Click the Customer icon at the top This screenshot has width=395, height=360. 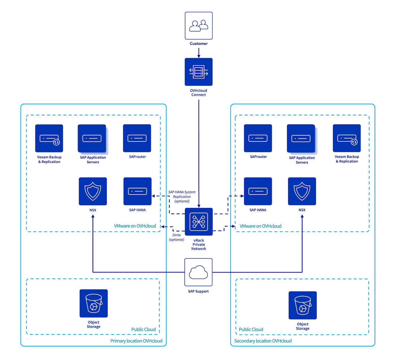198,26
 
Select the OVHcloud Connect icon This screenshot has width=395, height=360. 198,72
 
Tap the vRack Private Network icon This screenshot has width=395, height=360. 198,221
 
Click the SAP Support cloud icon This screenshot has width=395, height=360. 198,272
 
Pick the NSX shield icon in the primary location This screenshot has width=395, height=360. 93,191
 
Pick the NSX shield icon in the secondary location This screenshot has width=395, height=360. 302,191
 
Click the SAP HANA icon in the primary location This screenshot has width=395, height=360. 137,191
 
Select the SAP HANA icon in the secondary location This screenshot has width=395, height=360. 258,191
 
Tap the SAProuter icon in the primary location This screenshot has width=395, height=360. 137,138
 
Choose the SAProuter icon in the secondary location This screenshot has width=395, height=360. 258,138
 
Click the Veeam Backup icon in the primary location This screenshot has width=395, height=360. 49,138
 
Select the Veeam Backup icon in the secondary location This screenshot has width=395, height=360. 347,138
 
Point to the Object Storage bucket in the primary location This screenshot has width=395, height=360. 93,303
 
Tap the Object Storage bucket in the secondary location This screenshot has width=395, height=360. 302,305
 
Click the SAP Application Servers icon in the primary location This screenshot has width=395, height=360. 92,138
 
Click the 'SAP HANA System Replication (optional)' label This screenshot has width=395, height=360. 182,196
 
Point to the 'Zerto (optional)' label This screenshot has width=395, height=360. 176,237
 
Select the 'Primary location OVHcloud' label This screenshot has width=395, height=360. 136,341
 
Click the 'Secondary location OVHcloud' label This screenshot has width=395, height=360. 263,341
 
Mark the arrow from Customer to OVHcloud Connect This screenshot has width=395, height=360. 198,53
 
